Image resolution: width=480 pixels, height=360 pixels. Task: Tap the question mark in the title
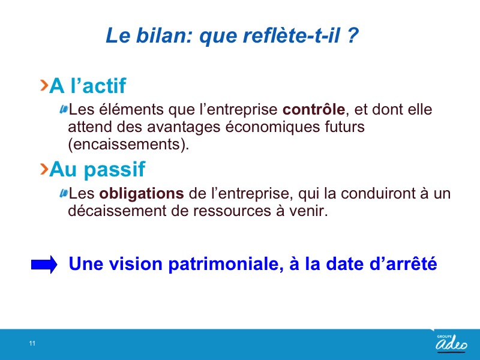(353, 35)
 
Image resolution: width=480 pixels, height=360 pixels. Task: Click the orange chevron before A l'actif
(44, 85)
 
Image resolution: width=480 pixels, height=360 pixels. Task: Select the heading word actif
(104, 85)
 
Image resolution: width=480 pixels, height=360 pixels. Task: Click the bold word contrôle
(314, 110)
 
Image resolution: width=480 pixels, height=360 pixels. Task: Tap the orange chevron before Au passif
(44, 169)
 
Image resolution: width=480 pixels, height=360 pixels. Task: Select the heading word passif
(115, 170)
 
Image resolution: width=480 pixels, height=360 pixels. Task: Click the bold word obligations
(142, 194)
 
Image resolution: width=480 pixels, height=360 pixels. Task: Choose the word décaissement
(117, 211)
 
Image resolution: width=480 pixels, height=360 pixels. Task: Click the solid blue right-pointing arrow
(44, 265)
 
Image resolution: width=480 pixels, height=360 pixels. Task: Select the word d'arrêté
(403, 263)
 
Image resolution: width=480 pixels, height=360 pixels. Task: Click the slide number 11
(32, 343)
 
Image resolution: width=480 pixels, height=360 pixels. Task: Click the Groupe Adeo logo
(451, 343)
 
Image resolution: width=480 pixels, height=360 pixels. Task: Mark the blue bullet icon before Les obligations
(64, 193)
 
